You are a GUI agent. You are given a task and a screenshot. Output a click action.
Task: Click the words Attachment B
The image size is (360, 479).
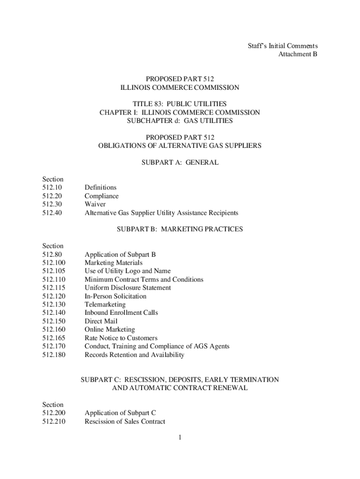click(298, 54)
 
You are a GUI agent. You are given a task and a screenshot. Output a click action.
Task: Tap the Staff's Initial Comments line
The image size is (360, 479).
click(282, 46)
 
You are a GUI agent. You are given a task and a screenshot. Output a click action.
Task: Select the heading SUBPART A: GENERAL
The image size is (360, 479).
click(180, 162)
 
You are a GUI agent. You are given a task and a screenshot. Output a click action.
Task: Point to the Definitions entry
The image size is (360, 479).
click(101, 188)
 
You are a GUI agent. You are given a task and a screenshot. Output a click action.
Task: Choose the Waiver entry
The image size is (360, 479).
click(95, 204)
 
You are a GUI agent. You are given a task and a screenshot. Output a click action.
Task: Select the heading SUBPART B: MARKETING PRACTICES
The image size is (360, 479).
click(180, 229)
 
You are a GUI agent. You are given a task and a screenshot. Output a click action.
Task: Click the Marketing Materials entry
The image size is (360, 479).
click(114, 263)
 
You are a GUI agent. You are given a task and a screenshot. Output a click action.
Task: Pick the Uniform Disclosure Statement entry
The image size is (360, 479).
click(128, 288)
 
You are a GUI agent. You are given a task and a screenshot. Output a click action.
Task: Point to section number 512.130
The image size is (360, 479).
click(53, 305)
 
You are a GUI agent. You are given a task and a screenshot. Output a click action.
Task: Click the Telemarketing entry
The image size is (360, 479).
click(105, 305)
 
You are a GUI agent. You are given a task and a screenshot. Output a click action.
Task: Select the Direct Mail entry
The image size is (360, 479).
click(101, 321)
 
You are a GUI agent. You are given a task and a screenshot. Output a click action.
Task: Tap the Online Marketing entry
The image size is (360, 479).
click(109, 329)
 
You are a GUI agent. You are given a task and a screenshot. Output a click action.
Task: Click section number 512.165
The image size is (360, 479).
click(53, 338)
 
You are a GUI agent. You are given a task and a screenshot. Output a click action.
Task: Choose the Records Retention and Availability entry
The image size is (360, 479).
click(134, 355)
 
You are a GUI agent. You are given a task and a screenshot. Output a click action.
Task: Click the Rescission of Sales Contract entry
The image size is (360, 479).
click(124, 421)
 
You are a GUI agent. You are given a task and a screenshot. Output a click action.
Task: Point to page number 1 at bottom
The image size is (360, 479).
click(180, 438)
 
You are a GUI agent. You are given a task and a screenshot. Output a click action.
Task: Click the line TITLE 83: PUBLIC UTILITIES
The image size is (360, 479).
click(180, 103)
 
